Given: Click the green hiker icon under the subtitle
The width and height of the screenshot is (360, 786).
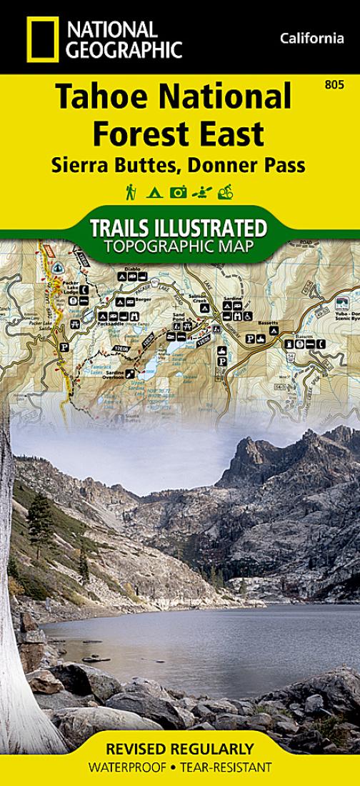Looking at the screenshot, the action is [131, 191].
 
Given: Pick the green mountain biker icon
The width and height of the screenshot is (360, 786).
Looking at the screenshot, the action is [226, 191].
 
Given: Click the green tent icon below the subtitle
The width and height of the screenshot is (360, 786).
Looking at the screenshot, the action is [154, 192].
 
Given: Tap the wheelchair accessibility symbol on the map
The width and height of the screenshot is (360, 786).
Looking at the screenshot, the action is [247, 315].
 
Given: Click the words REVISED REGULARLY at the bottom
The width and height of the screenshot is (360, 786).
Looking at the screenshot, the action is [179, 750].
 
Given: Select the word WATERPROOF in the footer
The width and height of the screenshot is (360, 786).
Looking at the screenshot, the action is [128, 768].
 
